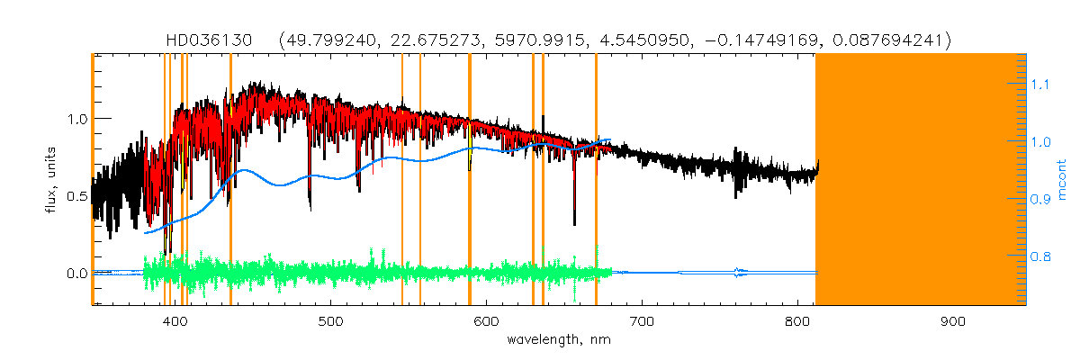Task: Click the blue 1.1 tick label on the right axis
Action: (x=1040, y=84)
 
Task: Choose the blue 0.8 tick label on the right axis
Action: (x=1040, y=256)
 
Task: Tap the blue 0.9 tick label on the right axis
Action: (x=1040, y=199)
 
